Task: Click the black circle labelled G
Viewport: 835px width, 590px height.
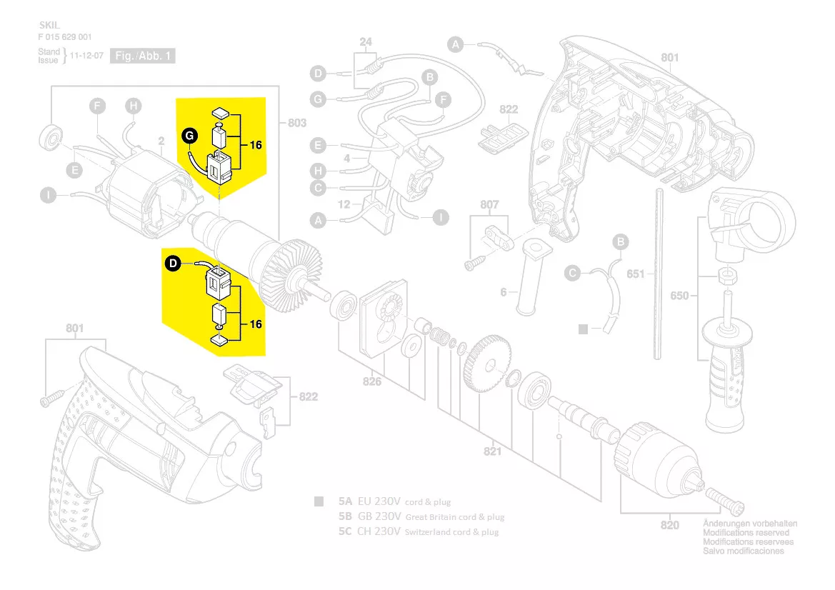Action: point(189,135)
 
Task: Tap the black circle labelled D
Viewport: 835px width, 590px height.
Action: point(174,264)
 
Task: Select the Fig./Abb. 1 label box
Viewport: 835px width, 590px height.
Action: point(143,56)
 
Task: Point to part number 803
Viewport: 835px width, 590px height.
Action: point(296,123)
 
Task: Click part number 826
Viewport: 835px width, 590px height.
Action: point(371,381)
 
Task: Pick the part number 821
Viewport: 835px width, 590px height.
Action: point(492,451)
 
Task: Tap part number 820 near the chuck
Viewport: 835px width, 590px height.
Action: point(669,526)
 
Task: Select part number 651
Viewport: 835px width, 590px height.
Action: point(636,274)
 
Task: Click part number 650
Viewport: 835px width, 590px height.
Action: point(679,295)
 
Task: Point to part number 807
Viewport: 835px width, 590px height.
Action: point(489,205)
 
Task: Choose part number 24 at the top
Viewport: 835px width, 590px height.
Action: point(366,42)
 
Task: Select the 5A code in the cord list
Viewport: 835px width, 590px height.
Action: point(345,501)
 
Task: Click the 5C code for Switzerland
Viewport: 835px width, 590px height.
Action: point(345,531)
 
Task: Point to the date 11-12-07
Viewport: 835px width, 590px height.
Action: point(86,56)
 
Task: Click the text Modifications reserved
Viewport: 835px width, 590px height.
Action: point(746,533)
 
